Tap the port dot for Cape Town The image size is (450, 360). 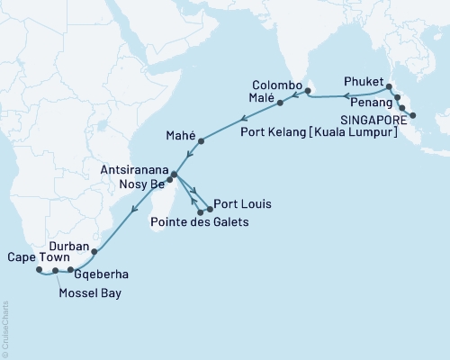(x=38, y=269)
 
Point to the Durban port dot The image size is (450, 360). (x=94, y=252)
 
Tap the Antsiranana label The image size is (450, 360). (x=133, y=166)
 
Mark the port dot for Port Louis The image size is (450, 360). (x=210, y=210)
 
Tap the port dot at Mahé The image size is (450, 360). (x=201, y=140)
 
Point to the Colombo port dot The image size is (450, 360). (x=308, y=90)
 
